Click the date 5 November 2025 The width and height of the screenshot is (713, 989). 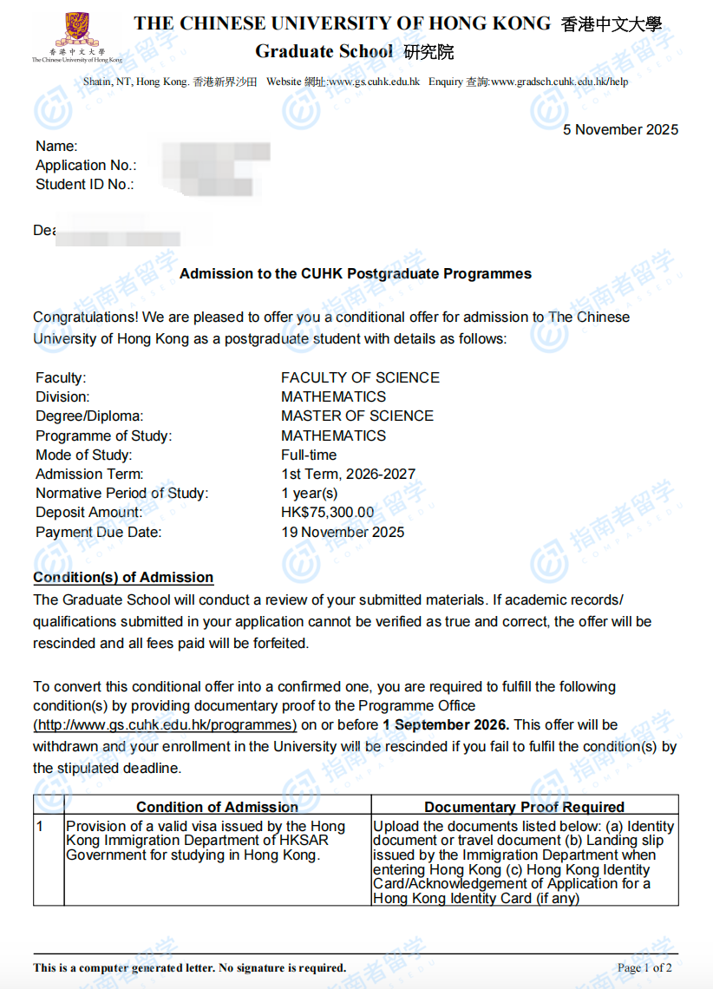pos(620,130)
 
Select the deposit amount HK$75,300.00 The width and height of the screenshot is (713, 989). pos(327,513)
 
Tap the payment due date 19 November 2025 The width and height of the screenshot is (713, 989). pos(342,532)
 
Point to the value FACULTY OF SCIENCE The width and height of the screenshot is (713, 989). pos(360,377)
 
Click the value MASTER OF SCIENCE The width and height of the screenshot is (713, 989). pos(356,416)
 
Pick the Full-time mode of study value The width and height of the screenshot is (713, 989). pos(309,455)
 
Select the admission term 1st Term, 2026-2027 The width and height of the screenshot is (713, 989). pos(348,475)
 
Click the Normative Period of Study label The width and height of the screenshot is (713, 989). pos(121,494)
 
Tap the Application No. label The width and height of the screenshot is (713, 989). pos(85,166)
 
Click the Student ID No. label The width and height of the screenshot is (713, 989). pos(84,185)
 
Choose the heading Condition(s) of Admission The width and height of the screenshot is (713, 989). pos(123,578)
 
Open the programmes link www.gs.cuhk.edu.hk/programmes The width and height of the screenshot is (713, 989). pos(165,724)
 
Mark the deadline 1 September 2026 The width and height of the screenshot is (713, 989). pos(445,724)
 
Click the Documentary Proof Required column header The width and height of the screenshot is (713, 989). pos(524,807)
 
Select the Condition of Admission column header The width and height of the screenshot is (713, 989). pos(217,807)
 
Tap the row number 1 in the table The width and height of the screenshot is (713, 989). pos(39,826)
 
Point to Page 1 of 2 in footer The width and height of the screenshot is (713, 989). pos(644,967)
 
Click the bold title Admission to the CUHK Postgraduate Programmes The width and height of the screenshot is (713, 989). pos(356,274)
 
